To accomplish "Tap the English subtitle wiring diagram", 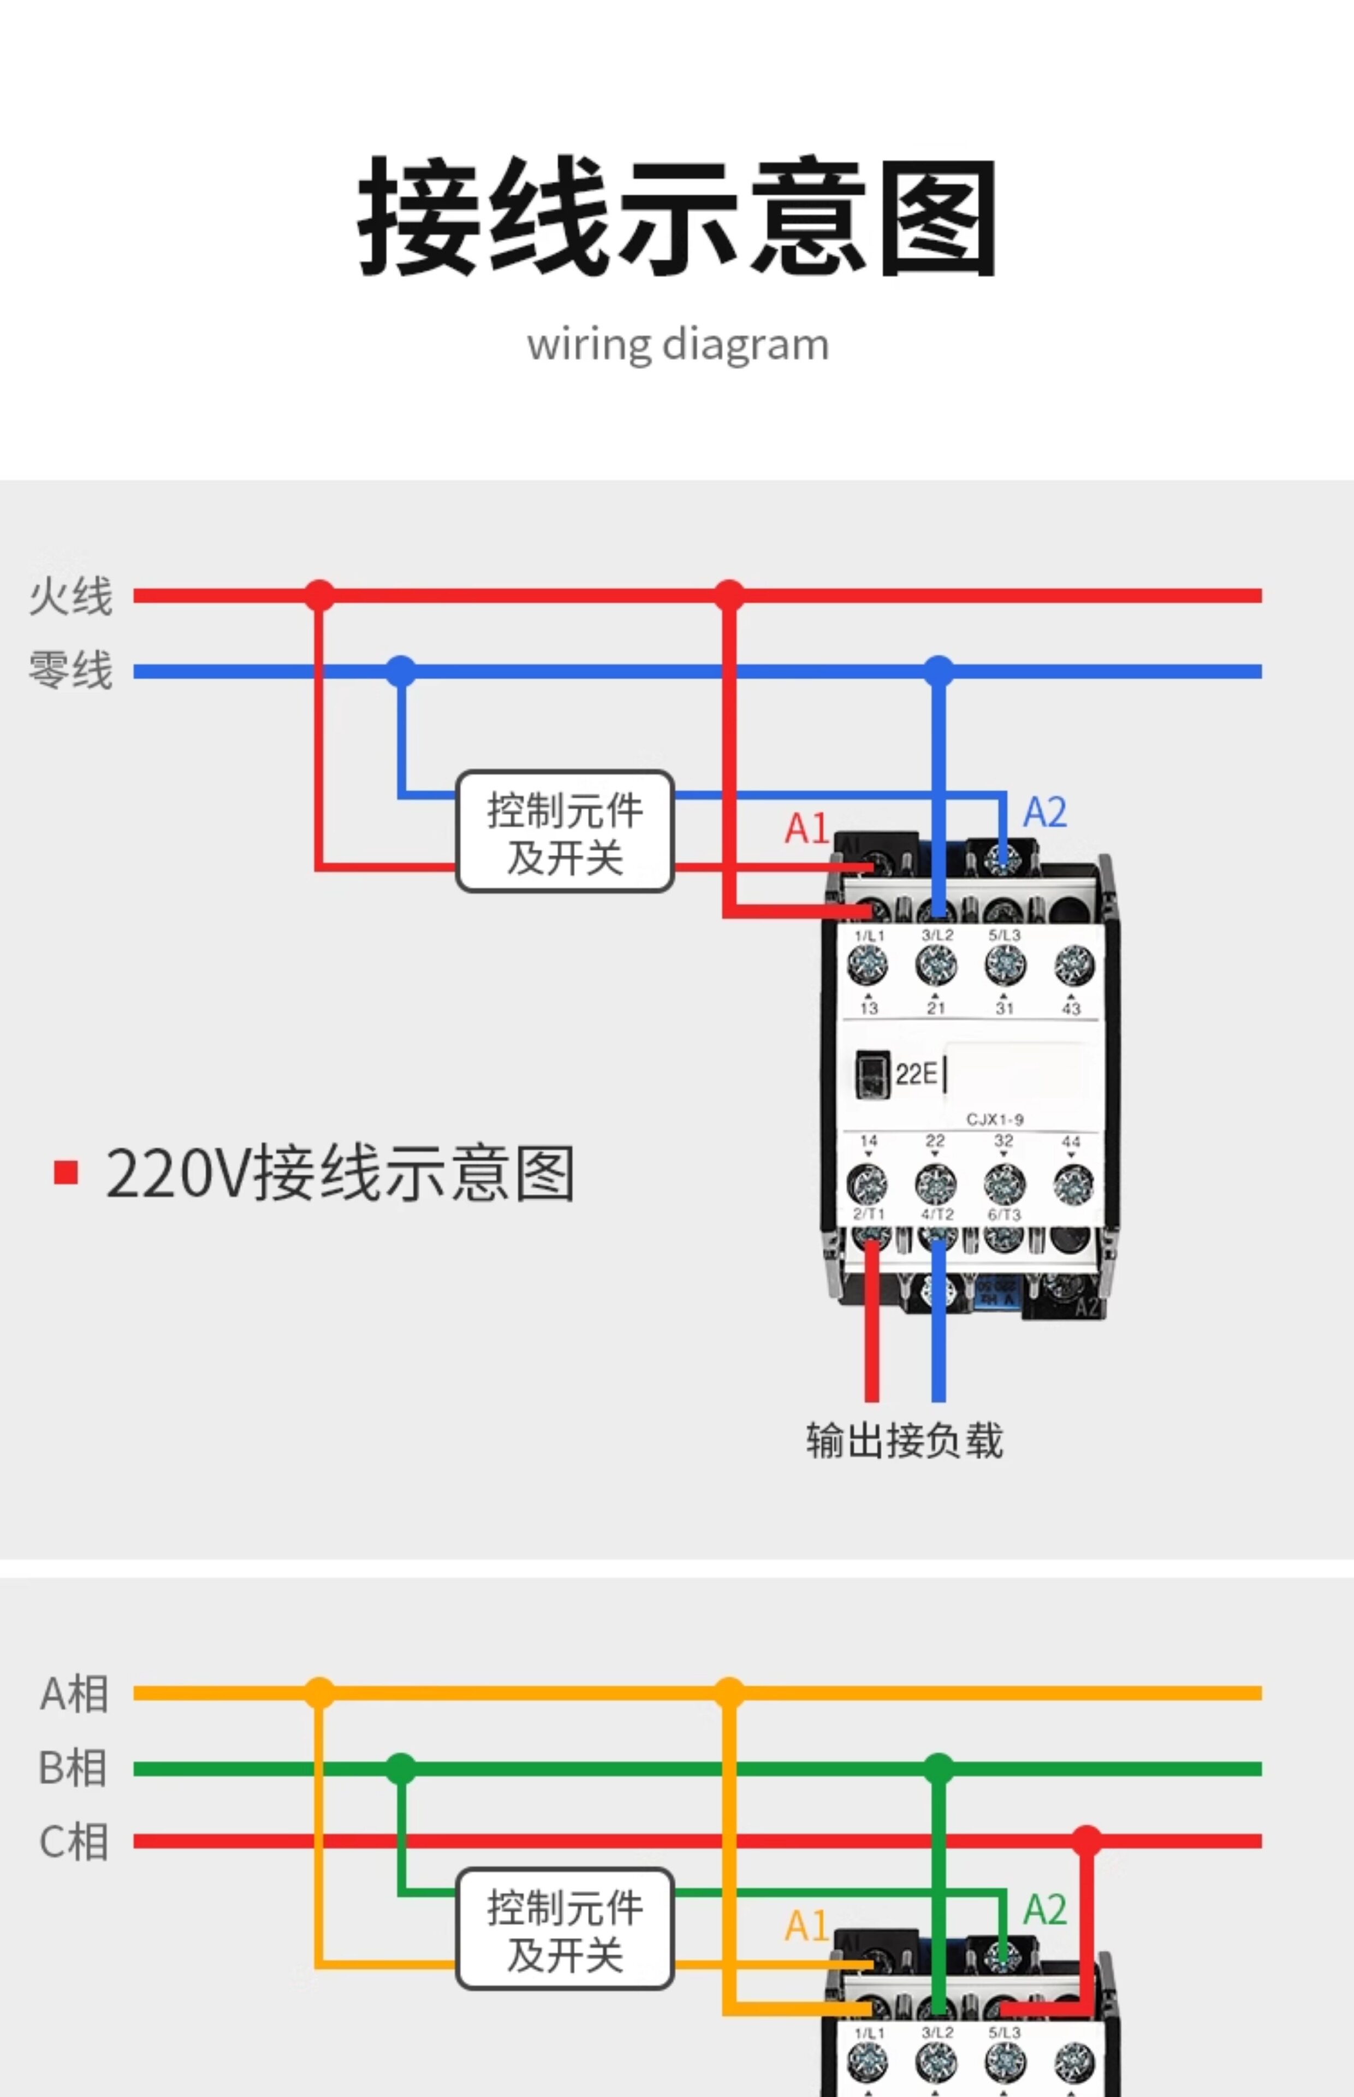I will (x=677, y=345).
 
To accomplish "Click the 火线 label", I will (x=70, y=596).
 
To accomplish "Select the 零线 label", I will (x=70, y=671).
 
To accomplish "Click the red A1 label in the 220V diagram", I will (x=805, y=828).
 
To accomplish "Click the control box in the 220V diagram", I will (x=565, y=832).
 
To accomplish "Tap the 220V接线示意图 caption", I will (x=340, y=1174).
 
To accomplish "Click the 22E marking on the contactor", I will (x=915, y=1074).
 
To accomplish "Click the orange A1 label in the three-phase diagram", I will (x=805, y=1926).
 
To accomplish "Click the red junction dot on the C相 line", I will (x=1086, y=1841).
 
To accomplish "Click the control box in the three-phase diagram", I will (x=565, y=1929).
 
